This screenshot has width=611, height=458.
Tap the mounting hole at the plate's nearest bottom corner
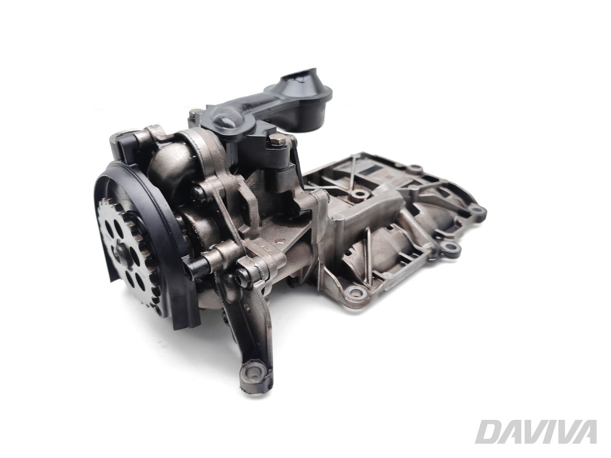click(x=354, y=291)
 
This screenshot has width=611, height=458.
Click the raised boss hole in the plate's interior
click(x=356, y=195)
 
